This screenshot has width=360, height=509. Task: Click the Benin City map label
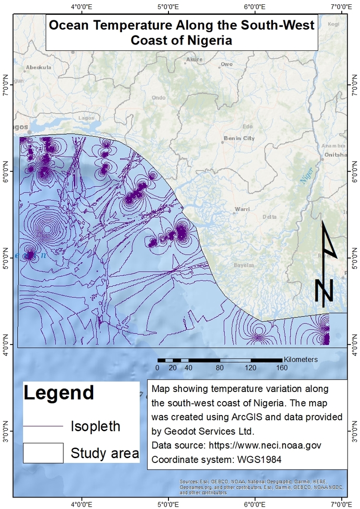pyautogui.click(x=239, y=139)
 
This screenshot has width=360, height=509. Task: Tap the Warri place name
pyautogui.click(x=242, y=210)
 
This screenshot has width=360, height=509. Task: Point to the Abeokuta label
pyautogui.click(x=38, y=68)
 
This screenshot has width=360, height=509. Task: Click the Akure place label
pyautogui.click(x=195, y=59)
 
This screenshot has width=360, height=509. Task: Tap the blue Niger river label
pyautogui.click(x=306, y=176)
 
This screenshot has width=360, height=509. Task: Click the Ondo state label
pyautogui.click(x=158, y=97)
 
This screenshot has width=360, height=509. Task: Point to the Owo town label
pyautogui.click(x=226, y=64)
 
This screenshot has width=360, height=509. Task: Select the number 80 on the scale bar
pyautogui.click(x=220, y=368)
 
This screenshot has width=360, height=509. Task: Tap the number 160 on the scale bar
pyautogui.click(x=281, y=368)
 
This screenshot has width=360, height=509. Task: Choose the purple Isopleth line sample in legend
pyautogui.click(x=43, y=426)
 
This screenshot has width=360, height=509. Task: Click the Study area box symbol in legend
pyautogui.click(x=43, y=452)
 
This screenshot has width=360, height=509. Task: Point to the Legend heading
pyautogui.click(x=59, y=393)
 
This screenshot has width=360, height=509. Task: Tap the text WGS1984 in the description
pyautogui.click(x=259, y=460)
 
